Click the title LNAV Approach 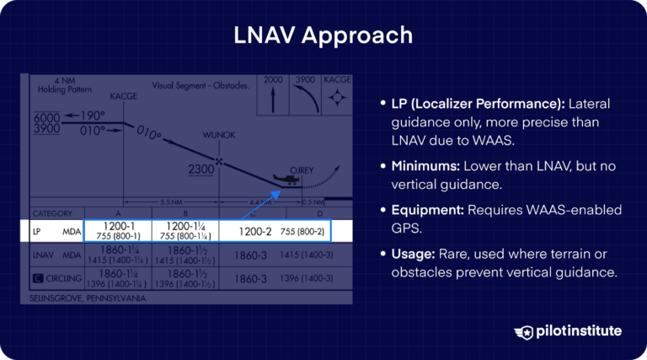[x=323, y=35]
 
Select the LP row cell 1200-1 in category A [x=118, y=231]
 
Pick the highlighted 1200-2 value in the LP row [x=255, y=231]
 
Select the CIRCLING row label [x=57, y=277]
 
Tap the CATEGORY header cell [x=52, y=213]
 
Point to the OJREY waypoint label [x=301, y=168]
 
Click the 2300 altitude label [x=201, y=169]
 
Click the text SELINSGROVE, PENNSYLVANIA [x=87, y=298]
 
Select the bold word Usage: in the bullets [x=412, y=255]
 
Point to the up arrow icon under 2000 [x=273, y=99]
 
